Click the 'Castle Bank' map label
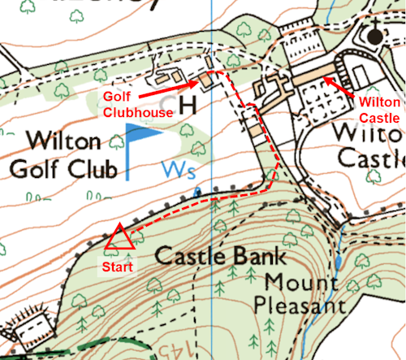(221, 258)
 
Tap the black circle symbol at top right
(374, 37)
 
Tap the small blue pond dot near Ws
(196, 192)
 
